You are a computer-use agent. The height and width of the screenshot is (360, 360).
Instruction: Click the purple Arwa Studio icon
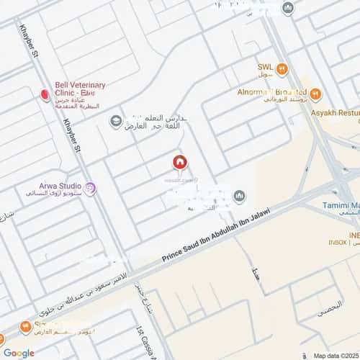coord(91,189)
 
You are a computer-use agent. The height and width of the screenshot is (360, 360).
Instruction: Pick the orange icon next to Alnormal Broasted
coord(316,92)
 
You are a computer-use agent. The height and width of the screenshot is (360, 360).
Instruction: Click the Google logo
coord(18,353)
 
